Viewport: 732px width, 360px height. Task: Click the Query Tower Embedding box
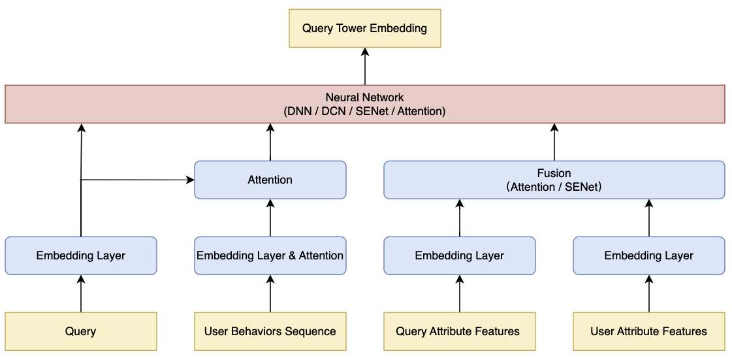click(x=364, y=28)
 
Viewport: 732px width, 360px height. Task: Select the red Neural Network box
click(x=364, y=104)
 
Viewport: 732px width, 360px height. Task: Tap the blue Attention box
click(x=270, y=180)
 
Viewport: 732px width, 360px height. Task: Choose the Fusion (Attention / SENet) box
click(x=554, y=180)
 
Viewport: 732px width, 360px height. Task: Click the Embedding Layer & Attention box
click(x=270, y=255)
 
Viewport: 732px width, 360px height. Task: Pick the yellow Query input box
click(x=81, y=331)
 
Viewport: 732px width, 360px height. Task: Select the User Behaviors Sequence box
click(x=270, y=331)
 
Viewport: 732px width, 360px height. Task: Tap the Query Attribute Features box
click(x=459, y=331)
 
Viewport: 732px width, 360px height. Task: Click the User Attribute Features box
click(x=649, y=331)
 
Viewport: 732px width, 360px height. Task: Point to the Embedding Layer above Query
click(x=81, y=255)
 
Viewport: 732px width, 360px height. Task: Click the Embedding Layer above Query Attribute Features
click(x=459, y=255)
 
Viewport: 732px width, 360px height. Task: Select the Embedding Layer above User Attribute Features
click(x=649, y=255)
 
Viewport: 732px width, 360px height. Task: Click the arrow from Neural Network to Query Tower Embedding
click(x=364, y=66)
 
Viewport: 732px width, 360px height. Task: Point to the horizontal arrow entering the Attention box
click(x=138, y=180)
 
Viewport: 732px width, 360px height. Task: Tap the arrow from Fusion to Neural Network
click(x=554, y=142)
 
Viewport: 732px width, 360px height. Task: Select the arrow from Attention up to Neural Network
click(x=270, y=142)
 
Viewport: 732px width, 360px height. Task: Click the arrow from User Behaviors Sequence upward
click(x=270, y=293)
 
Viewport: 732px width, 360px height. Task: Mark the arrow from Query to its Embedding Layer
click(x=81, y=293)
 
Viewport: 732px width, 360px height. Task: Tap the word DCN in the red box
click(x=333, y=112)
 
